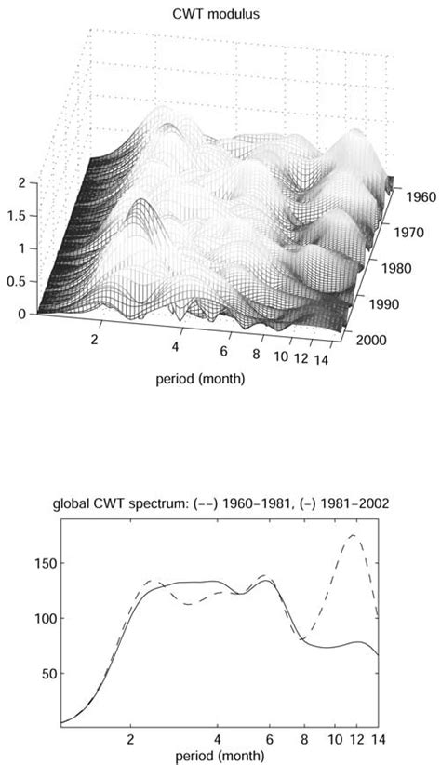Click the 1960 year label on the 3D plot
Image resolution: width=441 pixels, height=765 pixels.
pyautogui.click(x=407, y=197)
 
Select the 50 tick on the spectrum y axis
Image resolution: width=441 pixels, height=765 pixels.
pyautogui.click(x=47, y=673)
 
